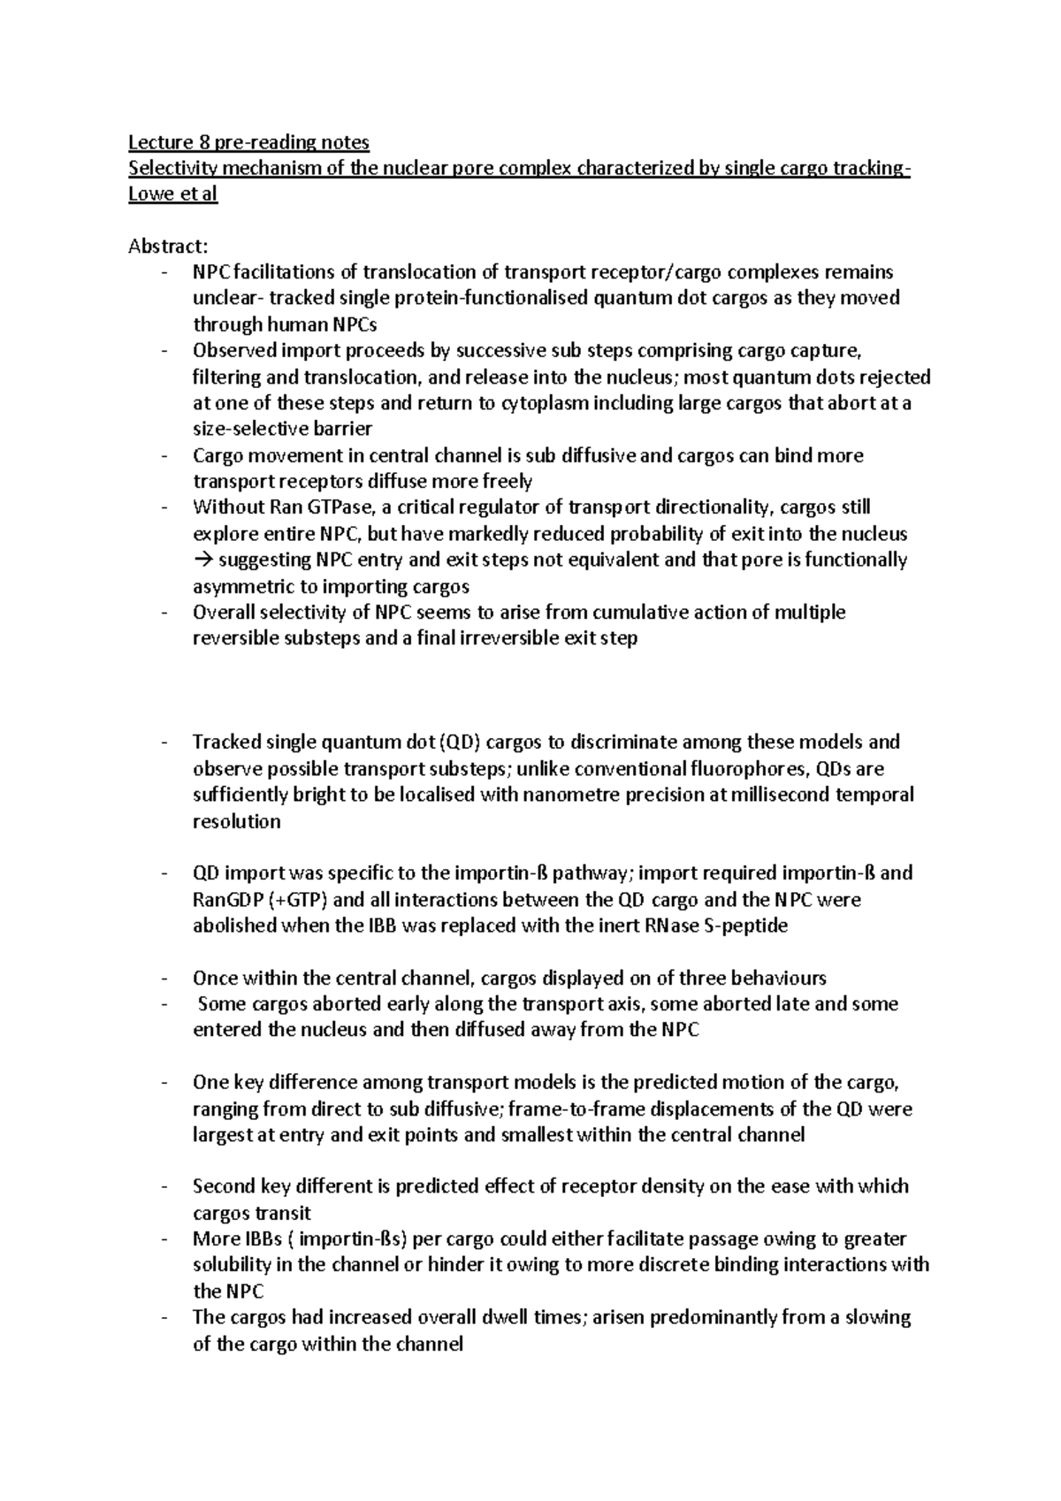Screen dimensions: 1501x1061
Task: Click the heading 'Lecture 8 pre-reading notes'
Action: click(248, 142)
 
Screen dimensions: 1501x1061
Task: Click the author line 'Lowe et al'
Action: click(172, 194)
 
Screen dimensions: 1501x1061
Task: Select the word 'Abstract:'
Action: click(166, 247)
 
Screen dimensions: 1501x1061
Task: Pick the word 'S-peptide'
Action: click(748, 926)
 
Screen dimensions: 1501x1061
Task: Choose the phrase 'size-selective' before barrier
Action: click(248, 430)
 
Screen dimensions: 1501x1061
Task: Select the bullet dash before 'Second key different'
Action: click(164, 1187)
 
